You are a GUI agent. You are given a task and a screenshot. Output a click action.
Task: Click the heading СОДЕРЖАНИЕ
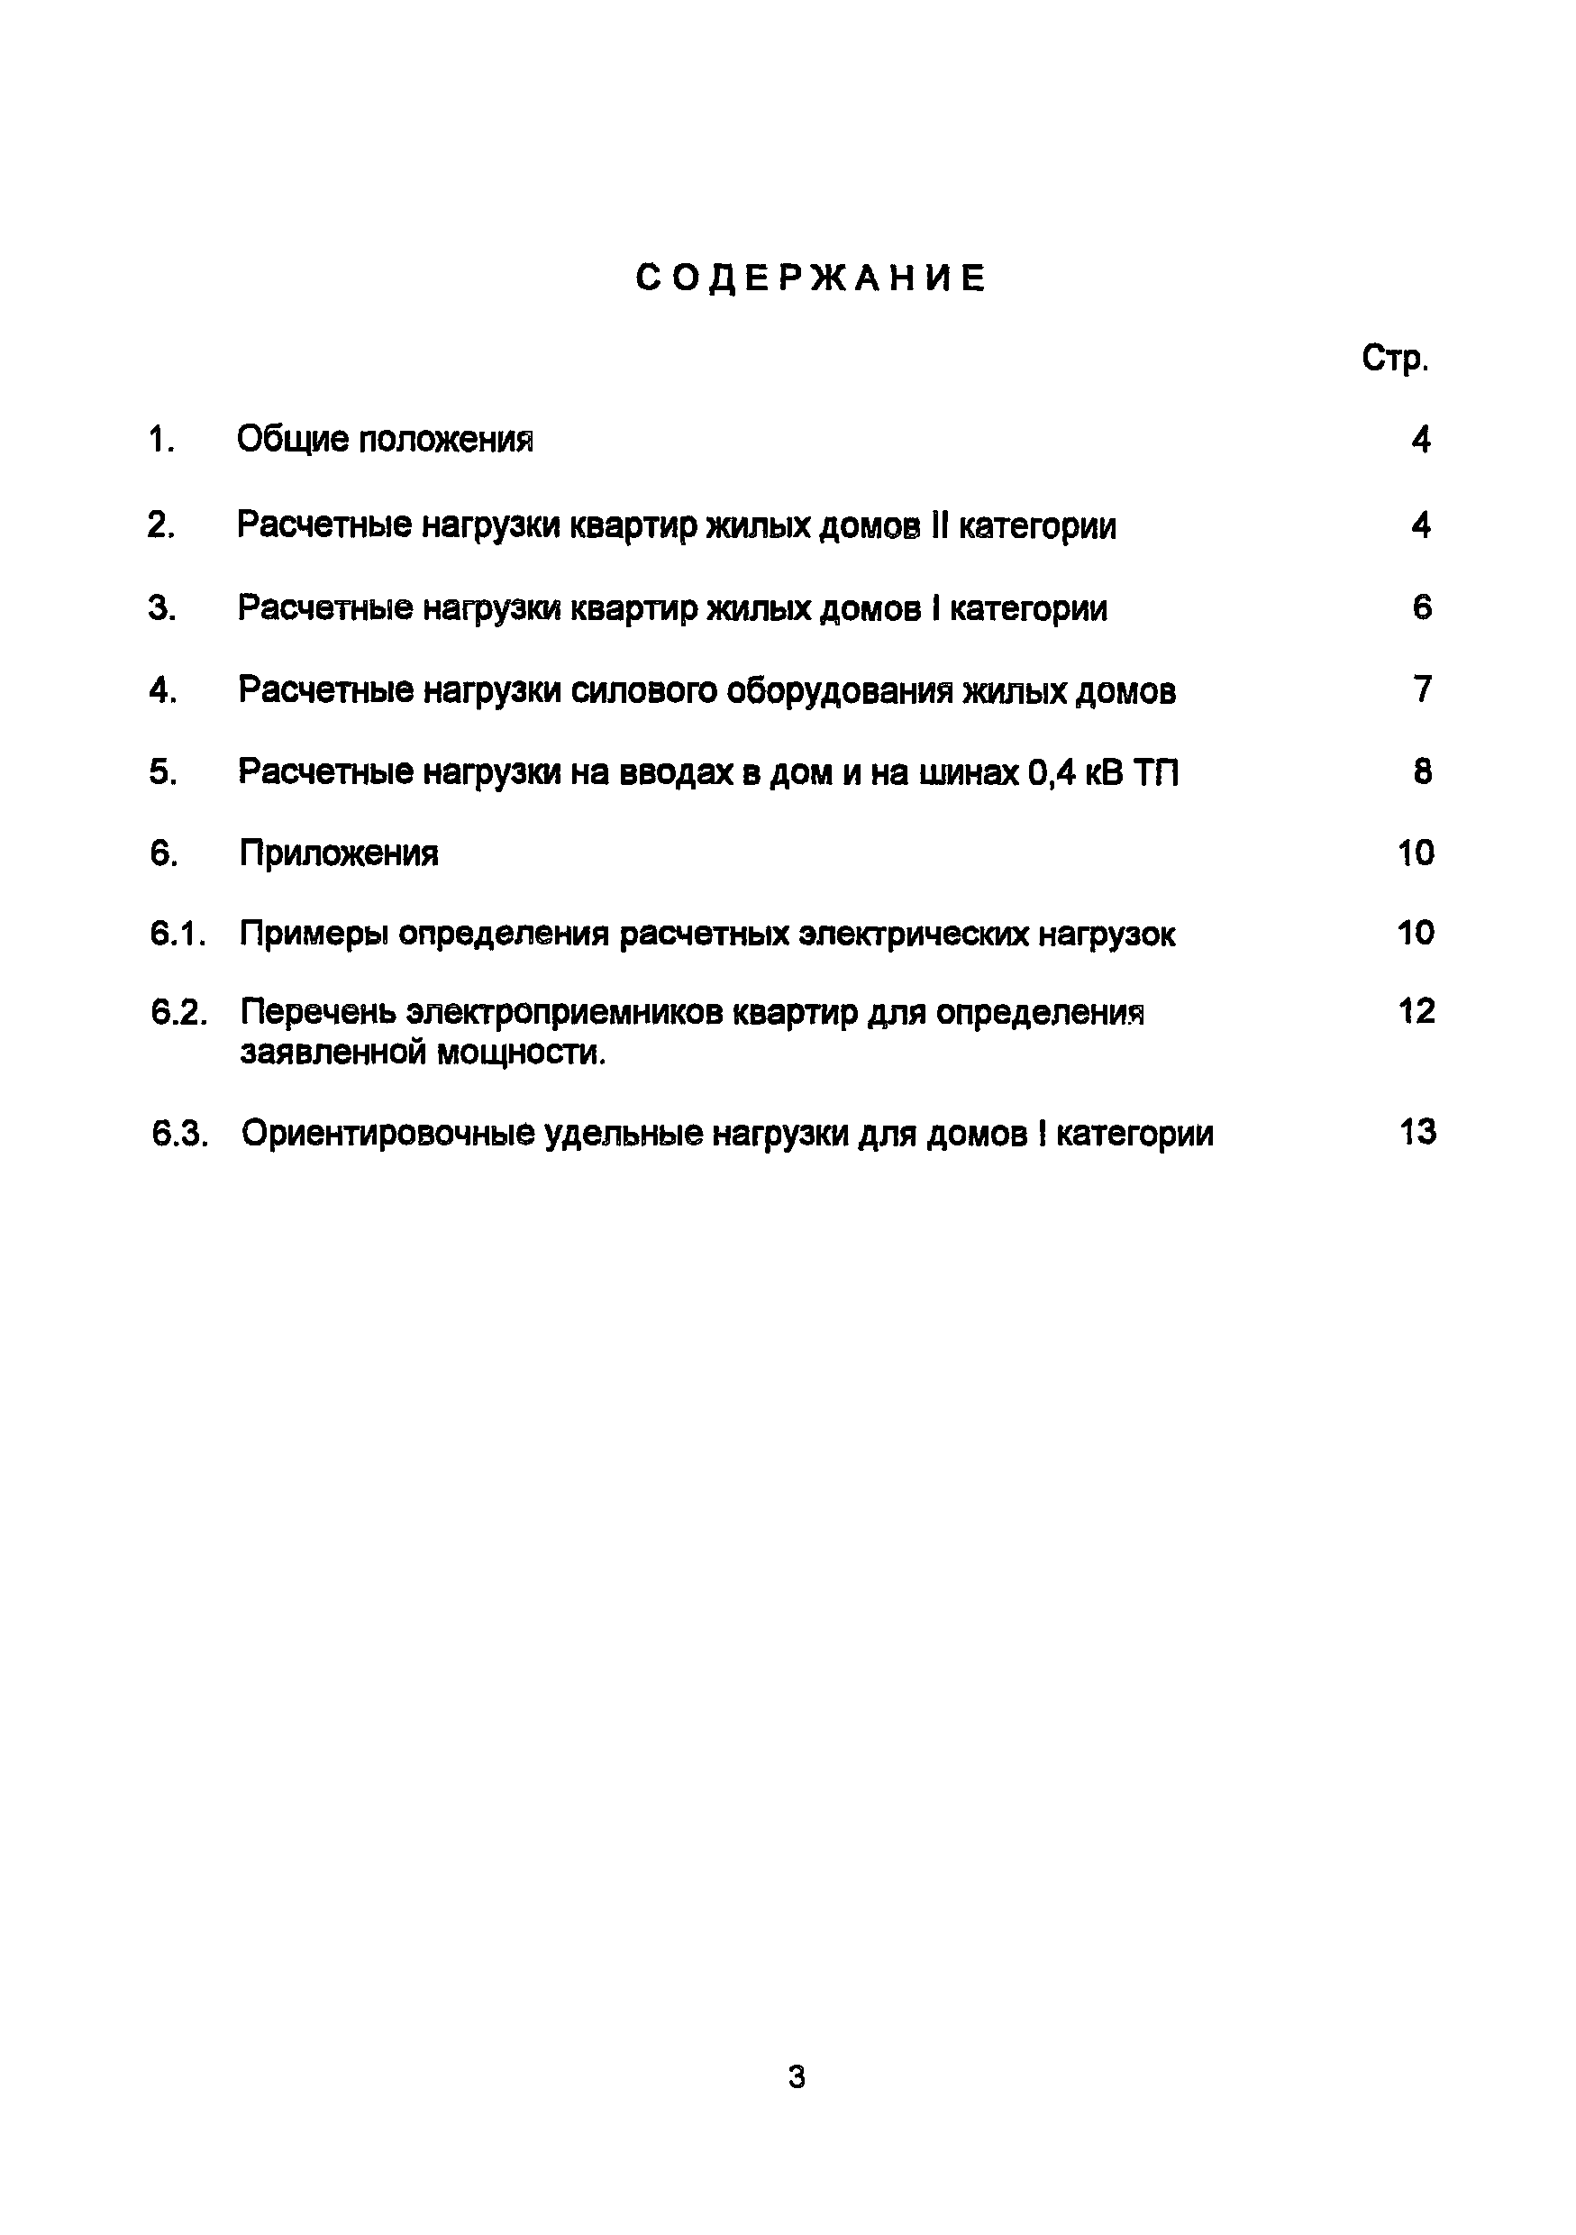[811, 278]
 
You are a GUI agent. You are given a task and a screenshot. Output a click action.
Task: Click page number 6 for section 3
[1421, 608]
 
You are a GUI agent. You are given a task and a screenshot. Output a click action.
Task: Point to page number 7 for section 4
[1422, 690]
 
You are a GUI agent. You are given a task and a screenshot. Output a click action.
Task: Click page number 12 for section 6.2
[1417, 1011]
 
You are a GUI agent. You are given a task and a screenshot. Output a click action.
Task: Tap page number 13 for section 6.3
[1417, 1132]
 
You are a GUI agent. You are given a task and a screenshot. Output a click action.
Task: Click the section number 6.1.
[178, 935]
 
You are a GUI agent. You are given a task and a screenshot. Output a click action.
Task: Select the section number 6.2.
[179, 1013]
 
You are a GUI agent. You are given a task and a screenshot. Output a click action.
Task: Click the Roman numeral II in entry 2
[938, 525]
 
